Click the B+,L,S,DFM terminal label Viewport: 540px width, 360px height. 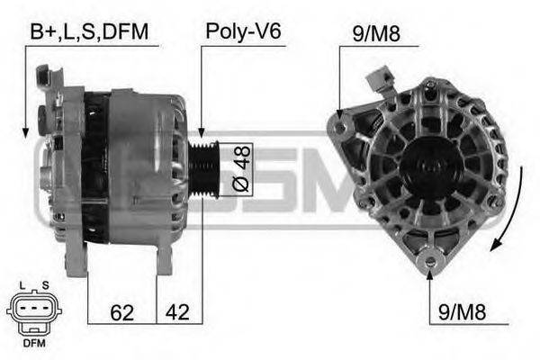[89, 31]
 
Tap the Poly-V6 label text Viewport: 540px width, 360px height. [244, 31]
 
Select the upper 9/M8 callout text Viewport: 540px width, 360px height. [376, 33]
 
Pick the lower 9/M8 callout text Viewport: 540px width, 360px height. [462, 312]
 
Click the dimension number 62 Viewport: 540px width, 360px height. [121, 312]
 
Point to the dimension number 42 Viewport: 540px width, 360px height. [177, 312]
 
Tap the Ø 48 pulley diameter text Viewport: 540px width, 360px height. [241, 168]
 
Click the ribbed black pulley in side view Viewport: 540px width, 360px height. [204, 169]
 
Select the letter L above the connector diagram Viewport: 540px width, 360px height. [22, 285]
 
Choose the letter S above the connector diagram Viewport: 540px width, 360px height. [45, 285]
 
